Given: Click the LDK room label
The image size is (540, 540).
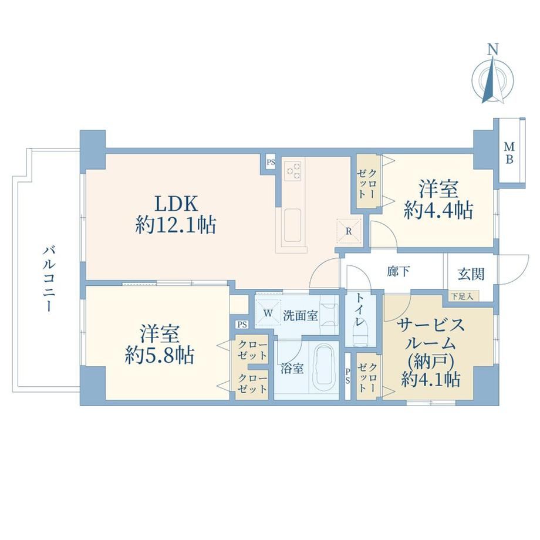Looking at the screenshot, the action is pos(176,203).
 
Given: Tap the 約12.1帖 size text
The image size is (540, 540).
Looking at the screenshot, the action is pos(176,225).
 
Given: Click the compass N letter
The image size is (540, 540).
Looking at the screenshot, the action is pos(494,50).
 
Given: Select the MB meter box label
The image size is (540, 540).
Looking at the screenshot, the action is pos(509,153).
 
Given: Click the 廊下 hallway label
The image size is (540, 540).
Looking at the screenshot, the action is pos(398,271).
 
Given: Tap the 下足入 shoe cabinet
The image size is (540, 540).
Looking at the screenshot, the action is pos(463,296).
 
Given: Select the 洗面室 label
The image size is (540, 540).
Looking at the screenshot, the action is pos(301,315).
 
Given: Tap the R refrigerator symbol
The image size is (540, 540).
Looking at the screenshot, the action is pos(348,231).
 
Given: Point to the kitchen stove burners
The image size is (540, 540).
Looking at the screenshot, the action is pos(293,170).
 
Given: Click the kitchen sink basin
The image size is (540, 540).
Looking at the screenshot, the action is pos(292,226).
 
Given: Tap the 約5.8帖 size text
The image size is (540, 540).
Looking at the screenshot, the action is pos(160,355).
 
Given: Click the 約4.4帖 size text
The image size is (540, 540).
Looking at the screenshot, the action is pos(438,210).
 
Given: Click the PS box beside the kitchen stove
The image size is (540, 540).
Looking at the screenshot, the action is pos(271,162).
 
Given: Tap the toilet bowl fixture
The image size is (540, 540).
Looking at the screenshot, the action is pos(360,336).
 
